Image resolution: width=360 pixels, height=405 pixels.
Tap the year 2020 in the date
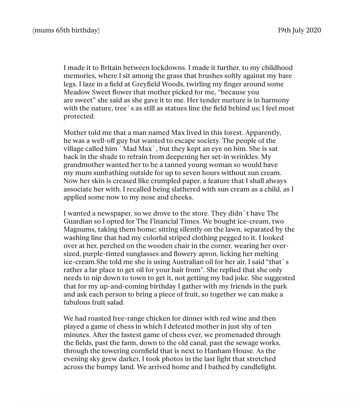(x=313, y=30)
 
